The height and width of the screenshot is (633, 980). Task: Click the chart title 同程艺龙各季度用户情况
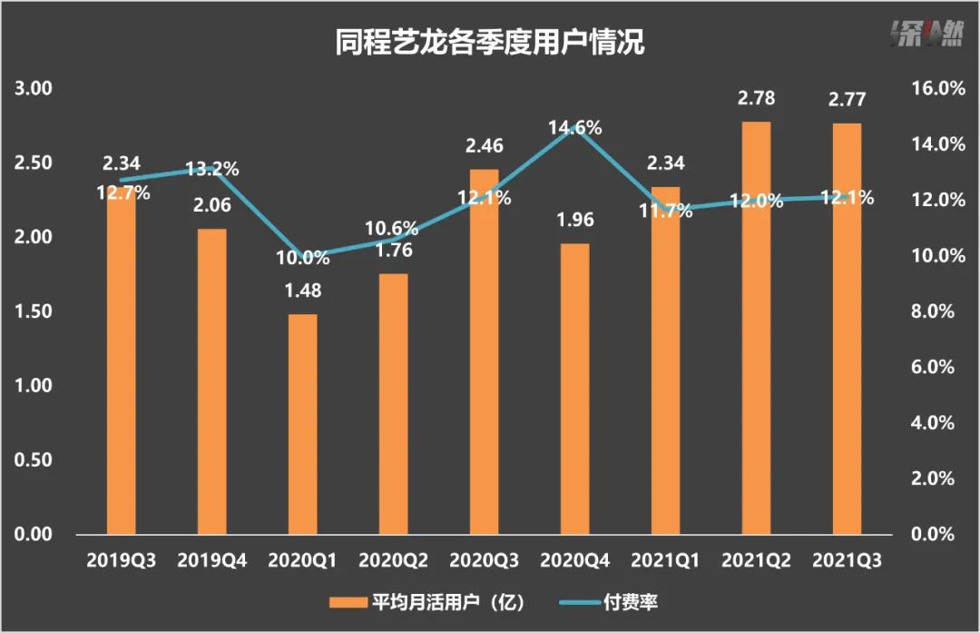(x=489, y=43)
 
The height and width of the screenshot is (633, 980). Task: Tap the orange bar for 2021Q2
(x=756, y=328)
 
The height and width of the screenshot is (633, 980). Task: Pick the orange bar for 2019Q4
(x=211, y=381)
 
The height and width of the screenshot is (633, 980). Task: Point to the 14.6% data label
(x=574, y=128)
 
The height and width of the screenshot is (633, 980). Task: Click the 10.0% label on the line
(x=302, y=258)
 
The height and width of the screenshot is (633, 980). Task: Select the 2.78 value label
(x=756, y=99)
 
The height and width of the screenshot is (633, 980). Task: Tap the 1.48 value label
(x=302, y=292)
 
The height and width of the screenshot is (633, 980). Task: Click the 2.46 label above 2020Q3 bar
(x=484, y=146)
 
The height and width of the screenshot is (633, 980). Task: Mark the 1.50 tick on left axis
(x=33, y=312)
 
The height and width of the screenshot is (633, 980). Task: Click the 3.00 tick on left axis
(x=33, y=89)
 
